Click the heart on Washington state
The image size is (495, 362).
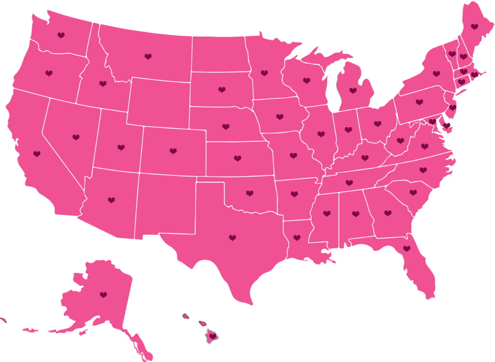click(61, 35)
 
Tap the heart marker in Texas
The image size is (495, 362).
click(233, 238)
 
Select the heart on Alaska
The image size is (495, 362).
click(103, 294)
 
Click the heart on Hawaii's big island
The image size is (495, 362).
click(212, 336)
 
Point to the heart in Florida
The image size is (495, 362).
click(407, 248)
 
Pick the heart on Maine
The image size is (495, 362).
click(475, 26)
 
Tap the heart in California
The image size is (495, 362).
click(37, 154)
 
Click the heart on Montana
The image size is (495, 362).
click(148, 57)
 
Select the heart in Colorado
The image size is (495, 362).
click(173, 151)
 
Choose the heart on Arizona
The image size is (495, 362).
click(112, 200)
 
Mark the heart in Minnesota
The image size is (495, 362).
click(264, 73)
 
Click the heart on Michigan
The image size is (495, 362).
click(353, 90)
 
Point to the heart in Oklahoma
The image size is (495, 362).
click(249, 193)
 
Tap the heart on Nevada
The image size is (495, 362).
click(76, 137)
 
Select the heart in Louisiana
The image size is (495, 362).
click(297, 238)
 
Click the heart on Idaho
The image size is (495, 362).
click(103, 84)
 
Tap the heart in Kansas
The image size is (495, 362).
click(237, 158)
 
